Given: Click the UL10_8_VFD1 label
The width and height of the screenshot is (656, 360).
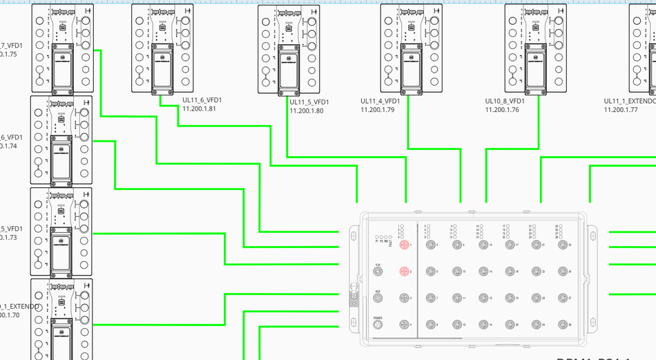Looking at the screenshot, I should pyautogui.click(x=505, y=101).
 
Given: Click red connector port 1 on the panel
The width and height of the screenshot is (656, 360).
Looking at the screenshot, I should pyautogui.click(x=404, y=244).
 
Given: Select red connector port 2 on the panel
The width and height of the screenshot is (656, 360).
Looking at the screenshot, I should pyautogui.click(x=404, y=271).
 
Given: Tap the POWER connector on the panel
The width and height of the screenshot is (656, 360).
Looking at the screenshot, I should pyautogui.click(x=378, y=324).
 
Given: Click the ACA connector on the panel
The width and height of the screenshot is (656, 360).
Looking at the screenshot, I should pyautogui.click(x=378, y=298).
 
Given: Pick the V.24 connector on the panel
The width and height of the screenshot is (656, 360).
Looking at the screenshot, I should pyautogui.click(x=378, y=271).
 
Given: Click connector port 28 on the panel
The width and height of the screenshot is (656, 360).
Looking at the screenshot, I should pyautogui.click(x=561, y=324).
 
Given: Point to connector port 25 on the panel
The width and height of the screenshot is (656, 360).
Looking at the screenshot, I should pyautogui.click(x=561, y=244).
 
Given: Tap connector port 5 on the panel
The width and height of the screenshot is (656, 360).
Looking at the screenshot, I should pyautogui.click(x=430, y=244).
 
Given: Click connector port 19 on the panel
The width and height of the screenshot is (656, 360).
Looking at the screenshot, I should pyautogui.click(x=509, y=298).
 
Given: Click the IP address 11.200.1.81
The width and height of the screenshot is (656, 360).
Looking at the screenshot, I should pyautogui.click(x=199, y=108).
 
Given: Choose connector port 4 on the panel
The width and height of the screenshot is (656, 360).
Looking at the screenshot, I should pyautogui.click(x=404, y=324).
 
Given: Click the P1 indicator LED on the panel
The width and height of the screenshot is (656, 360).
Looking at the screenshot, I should pyautogui.click(x=377, y=238).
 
